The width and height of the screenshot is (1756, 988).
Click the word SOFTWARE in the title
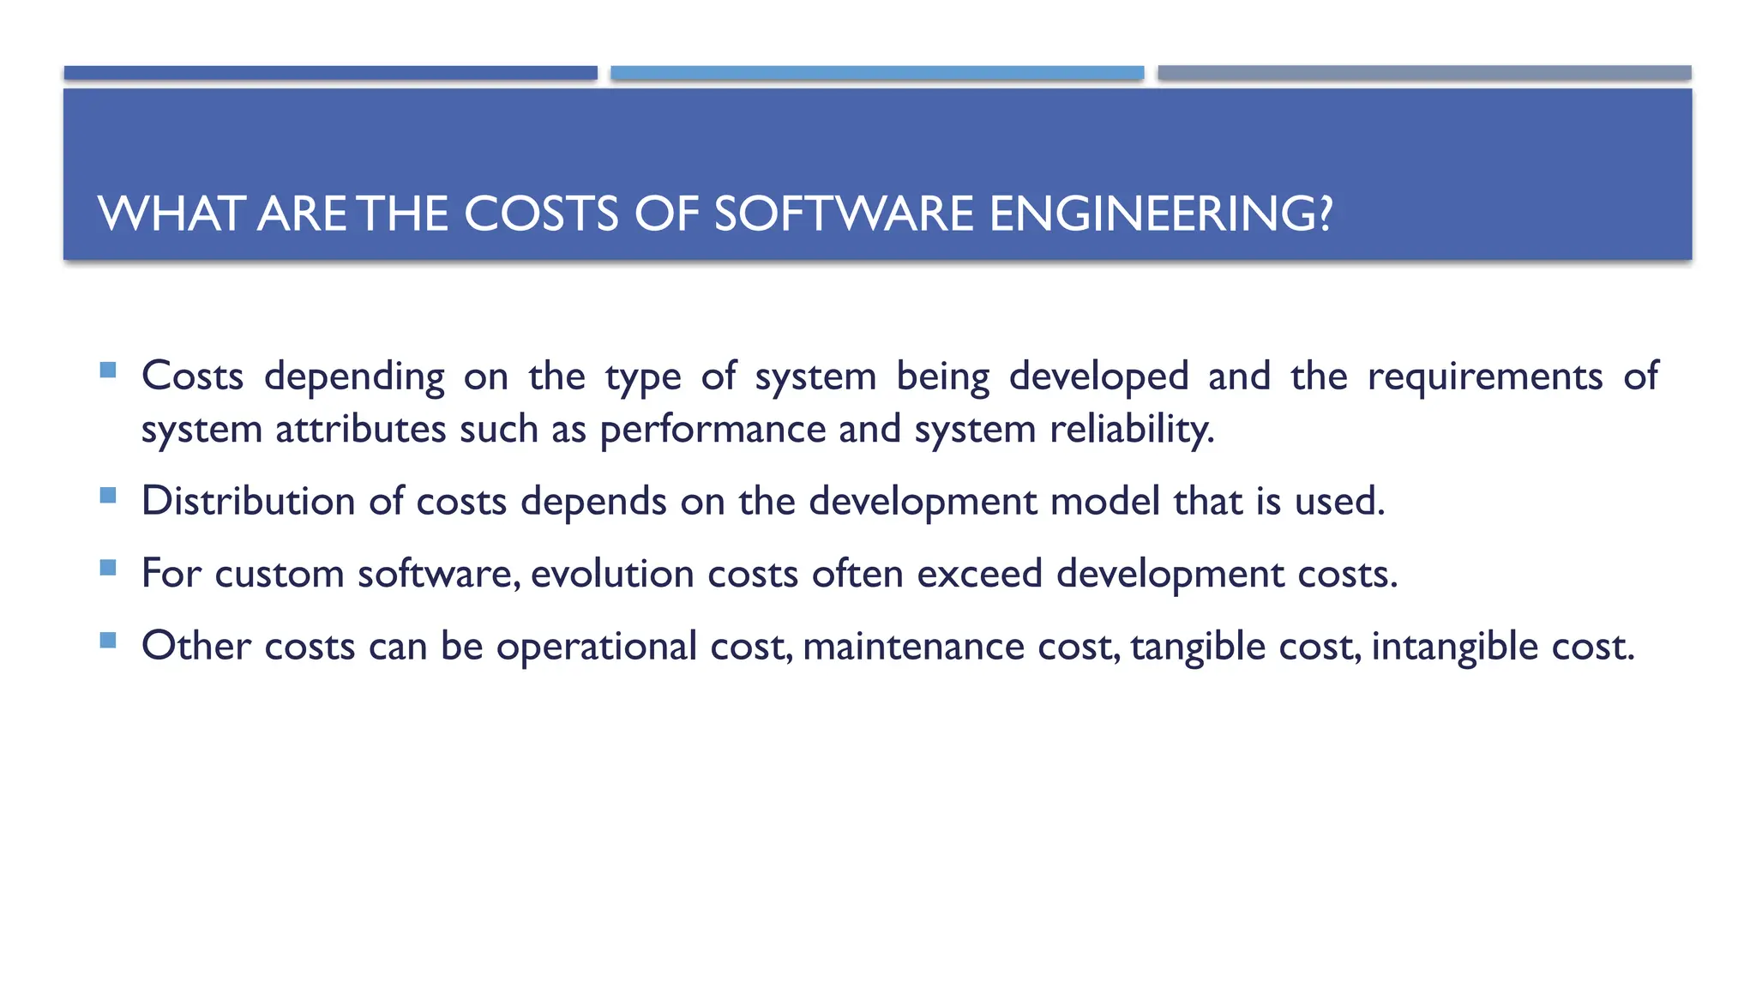(x=844, y=214)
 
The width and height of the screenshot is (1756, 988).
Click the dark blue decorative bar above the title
(x=330, y=73)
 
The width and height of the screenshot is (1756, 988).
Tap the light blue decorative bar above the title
(x=877, y=73)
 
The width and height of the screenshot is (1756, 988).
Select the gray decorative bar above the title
(x=1424, y=73)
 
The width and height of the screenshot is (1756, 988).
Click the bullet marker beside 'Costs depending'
(x=108, y=370)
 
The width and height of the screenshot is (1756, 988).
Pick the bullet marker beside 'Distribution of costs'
(x=108, y=495)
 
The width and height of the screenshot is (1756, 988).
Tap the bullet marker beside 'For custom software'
(x=108, y=568)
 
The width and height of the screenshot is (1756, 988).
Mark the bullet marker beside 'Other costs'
(x=108, y=640)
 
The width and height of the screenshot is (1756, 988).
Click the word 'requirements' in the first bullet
(x=1484, y=377)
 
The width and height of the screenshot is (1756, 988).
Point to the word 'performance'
(x=713, y=430)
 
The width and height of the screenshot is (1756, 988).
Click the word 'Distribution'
(x=248, y=502)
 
